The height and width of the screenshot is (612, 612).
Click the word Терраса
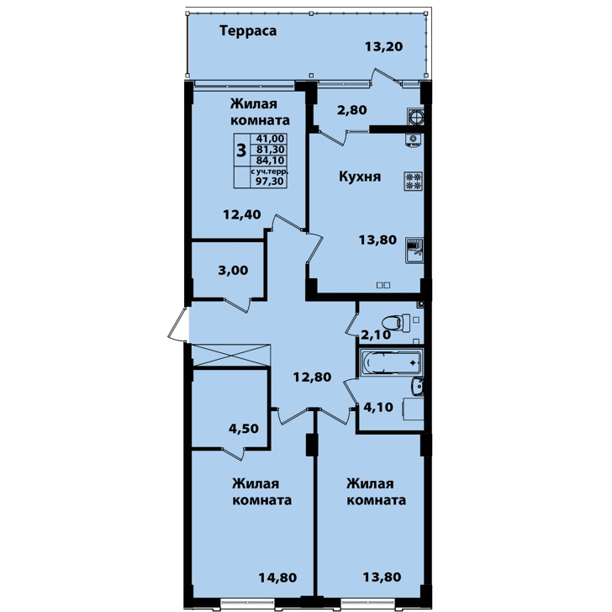click(x=248, y=31)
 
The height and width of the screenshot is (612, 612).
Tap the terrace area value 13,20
click(x=383, y=47)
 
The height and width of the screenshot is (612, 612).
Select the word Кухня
click(x=360, y=177)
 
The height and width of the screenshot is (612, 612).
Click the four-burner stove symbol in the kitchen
click(x=414, y=181)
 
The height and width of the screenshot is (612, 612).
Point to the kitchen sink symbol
click(x=414, y=251)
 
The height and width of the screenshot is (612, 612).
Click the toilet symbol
click(x=396, y=323)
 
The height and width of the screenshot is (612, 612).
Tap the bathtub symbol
click(x=390, y=363)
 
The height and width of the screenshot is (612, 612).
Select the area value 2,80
click(x=351, y=110)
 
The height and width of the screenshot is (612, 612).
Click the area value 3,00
click(x=233, y=271)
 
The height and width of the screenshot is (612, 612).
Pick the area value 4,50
click(x=244, y=429)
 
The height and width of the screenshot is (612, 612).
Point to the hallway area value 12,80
click(x=312, y=377)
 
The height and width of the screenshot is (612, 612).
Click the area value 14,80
click(x=277, y=578)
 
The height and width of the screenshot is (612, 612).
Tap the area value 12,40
click(x=242, y=214)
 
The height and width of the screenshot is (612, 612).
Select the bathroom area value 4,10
click(x=378, y=408)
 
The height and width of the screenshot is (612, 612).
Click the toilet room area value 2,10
click(x=376, y=335)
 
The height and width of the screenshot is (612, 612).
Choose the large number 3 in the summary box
click(x=241, y=150)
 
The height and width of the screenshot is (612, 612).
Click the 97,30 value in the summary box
click(x=270, y=181)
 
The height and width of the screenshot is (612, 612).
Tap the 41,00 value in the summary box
click(x=270, y=139)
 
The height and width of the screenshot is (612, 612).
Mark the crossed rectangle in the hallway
click(x=231, y=355)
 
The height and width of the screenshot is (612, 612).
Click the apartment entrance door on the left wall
click(x=178, y=324)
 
